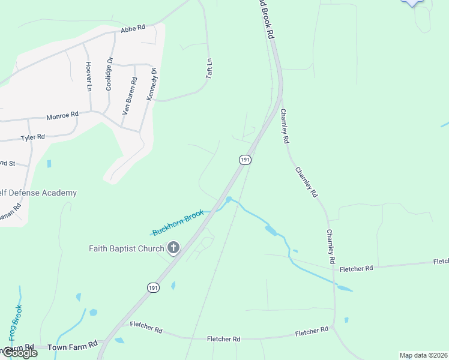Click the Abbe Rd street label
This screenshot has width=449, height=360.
(x=133, y=28)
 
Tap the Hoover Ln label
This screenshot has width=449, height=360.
(x=88, y=76)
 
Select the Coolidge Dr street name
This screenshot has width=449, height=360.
(x=109, y=73)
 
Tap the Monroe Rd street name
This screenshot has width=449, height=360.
(x=62, y=114)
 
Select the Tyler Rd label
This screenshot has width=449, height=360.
(x=33, y=137)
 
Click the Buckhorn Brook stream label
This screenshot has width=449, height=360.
(x=178, y=223)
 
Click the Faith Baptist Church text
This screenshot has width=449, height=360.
(x=126, y=248)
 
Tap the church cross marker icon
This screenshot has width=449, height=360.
(x=173, y=247)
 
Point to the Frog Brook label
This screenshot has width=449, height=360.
(x=16, y=323)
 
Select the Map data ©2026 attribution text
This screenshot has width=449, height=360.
(x=423, y=355)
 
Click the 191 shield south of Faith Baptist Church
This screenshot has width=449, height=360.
(x=153, y=288)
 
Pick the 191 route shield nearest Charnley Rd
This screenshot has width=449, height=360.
(x=244, y=160)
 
